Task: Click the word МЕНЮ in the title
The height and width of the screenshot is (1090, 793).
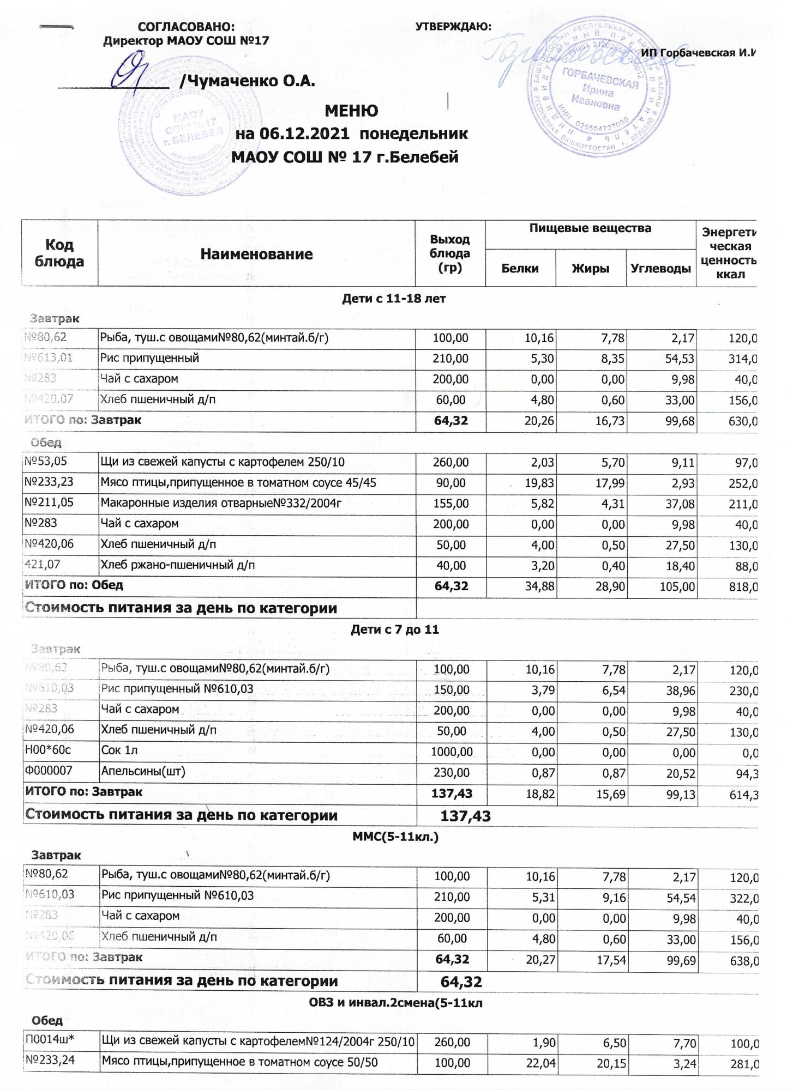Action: pos(351,111)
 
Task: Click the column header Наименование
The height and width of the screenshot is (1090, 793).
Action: pos(256,254)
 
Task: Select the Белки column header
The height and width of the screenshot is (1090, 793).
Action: pos(520,268)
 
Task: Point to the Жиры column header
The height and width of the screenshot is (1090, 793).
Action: pos(590,268)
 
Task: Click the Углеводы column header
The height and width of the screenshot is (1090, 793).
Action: pos(660,268)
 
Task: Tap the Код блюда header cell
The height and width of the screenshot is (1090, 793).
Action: pos(59,253)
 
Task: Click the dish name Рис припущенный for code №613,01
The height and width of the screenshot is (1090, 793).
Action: pos(149,358)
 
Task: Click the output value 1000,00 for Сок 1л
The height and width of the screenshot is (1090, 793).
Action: pos(450,752)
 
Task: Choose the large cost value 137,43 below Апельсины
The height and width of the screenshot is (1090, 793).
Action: pos(465,816)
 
